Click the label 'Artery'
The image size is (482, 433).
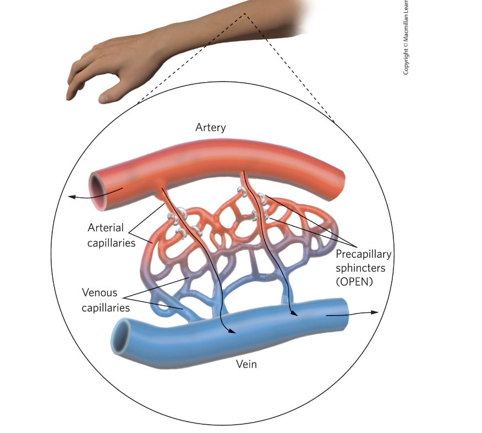[210, 128]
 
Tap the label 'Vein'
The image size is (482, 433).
[246, 364]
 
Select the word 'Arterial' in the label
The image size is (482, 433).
[105, 228]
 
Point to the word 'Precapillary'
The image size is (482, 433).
[364, 255]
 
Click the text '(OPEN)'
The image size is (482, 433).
[354, 282]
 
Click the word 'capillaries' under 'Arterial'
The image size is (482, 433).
[111, 242]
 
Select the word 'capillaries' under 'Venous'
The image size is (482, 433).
[106, 307]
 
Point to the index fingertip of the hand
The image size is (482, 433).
[70, 98]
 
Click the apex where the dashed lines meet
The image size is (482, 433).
[244, 14]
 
